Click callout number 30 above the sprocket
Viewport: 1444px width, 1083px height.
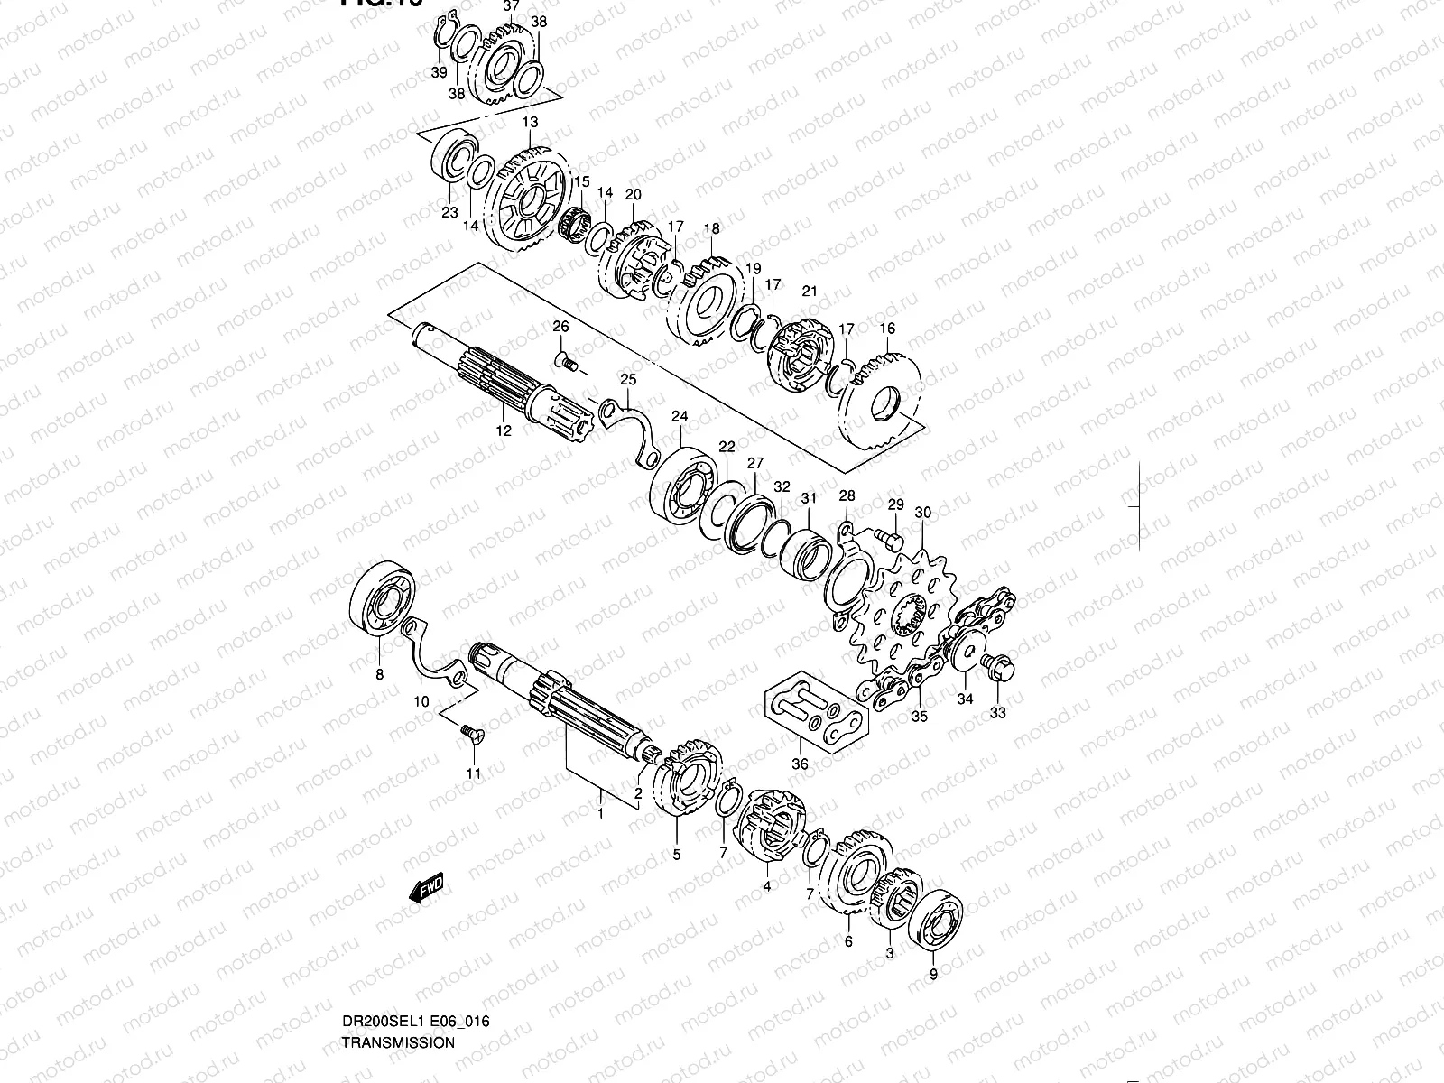922,513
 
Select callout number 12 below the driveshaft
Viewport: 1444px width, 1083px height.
504,430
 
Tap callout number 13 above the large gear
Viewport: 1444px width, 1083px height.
530,122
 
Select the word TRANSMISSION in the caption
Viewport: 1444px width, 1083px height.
398,1042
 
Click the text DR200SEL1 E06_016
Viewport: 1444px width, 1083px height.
415,1022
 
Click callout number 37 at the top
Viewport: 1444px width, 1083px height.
511,5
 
